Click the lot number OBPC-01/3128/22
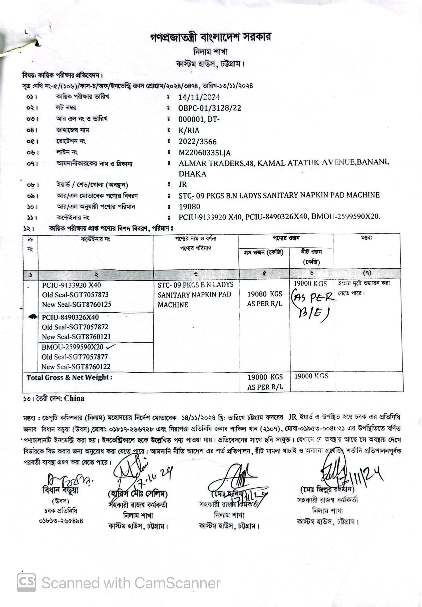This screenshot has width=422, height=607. tap(210, 108)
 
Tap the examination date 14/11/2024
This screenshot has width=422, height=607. tap(199, 97)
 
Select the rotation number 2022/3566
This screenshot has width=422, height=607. tap(197, 142)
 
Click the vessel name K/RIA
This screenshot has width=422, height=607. tap(189, 131)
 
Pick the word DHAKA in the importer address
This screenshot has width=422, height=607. tap(192, 174)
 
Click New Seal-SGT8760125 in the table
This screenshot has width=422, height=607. tap(77, 304)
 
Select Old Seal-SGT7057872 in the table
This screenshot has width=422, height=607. tap(75, 327)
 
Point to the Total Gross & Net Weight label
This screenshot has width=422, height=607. tap(69, 378)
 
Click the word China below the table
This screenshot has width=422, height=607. tap(74, 398)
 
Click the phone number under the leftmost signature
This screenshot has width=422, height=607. tap(61, 521)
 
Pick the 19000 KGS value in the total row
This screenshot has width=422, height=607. tap(311, 376)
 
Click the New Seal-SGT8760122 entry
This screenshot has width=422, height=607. tap(76, 367)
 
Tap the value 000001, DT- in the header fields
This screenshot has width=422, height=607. tap(199, 119)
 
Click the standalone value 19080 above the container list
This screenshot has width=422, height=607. tap(189, 207)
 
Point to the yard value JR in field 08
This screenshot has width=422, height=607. tap(183, 184)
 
